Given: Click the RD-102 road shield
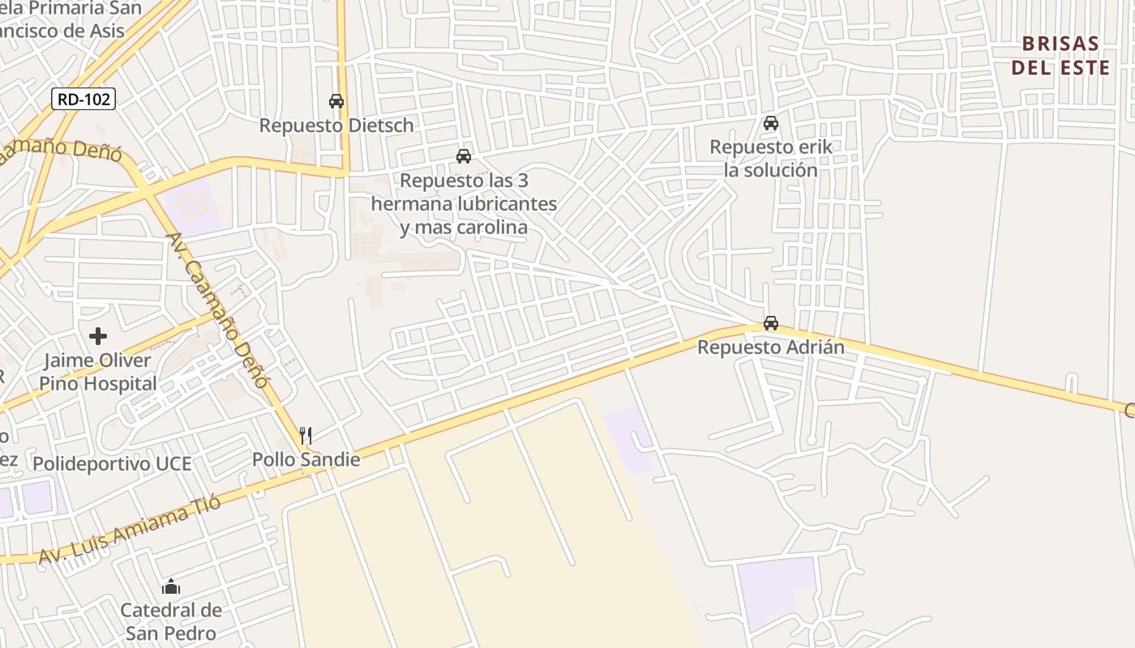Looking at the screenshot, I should (84, 100).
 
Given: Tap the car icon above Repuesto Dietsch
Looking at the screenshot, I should (336, 101).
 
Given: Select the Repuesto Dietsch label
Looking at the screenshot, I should (336, 126).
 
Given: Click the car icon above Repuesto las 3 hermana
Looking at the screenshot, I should (463, 156).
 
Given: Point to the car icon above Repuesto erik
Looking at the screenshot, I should (770, 123).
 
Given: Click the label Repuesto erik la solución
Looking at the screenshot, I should (770, 159).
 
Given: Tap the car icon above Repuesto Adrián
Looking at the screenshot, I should (770, 323).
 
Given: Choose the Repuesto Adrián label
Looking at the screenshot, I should (770, 347).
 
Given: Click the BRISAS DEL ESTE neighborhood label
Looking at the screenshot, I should (1060, 55).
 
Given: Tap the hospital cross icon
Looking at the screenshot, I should (98, 335).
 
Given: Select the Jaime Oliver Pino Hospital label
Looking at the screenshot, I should (98, 372).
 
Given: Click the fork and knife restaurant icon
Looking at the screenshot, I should (306, 436).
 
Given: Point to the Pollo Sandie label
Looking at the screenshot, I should (306, 459).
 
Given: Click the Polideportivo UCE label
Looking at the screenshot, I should (112, 463).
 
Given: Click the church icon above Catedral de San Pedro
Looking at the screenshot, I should (171, 586).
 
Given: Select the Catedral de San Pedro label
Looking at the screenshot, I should (171, 621).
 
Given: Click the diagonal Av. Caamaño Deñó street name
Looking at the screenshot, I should (216, 310).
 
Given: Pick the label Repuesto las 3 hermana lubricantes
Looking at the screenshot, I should (464, 203).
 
